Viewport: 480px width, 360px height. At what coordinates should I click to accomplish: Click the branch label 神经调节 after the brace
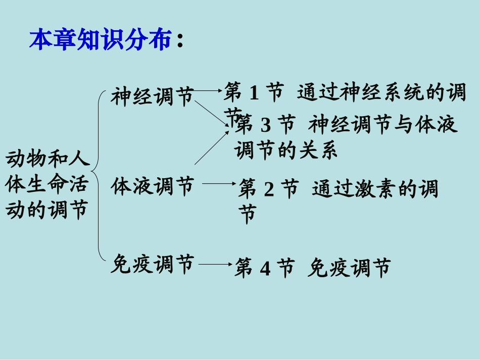click(152, 96)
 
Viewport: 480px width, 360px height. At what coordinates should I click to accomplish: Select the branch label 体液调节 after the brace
click(152, 186)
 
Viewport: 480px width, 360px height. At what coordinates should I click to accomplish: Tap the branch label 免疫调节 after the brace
click(152, 264)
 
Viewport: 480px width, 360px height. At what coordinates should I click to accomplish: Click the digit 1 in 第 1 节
click(254, 93)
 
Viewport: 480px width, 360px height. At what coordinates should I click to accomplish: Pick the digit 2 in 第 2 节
click(269, 190)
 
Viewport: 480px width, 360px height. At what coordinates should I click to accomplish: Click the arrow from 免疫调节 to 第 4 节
click(215, 264)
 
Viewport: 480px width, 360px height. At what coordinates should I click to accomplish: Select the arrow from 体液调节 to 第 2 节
click(218, 184)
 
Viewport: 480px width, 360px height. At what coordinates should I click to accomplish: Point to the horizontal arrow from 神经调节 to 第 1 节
click(208, 91)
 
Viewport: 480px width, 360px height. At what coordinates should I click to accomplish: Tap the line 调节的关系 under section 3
click(286, 150)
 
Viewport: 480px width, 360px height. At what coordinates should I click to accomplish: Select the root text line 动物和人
click(47, 160)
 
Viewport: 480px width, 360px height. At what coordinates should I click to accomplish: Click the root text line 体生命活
click(47, 184)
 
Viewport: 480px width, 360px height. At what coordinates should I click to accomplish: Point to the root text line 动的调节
click(47, 209)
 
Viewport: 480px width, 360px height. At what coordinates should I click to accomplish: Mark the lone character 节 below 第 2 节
click(248, 214)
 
